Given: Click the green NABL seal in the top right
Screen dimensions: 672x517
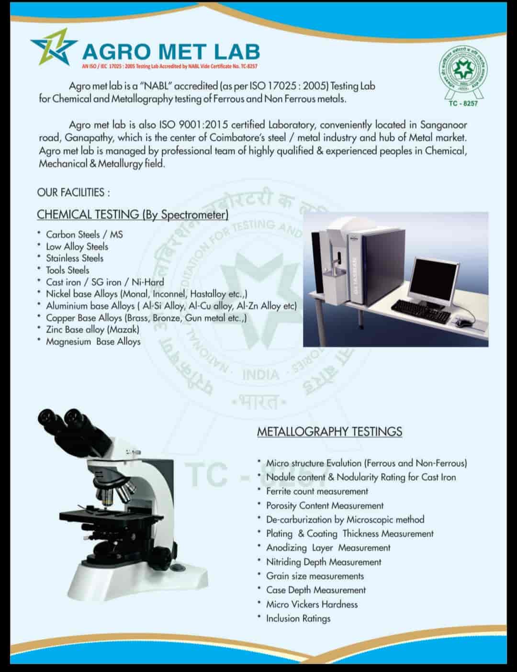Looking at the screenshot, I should [x=463, y=72].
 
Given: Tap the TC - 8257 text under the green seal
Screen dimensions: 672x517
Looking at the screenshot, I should [x=463, y=103].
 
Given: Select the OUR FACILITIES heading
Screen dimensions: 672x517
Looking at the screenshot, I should [x=73, y=192].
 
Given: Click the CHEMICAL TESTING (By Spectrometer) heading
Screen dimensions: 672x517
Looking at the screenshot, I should [x=133, y=214].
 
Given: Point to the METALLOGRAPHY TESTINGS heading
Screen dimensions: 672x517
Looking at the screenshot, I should [x=329, y=431].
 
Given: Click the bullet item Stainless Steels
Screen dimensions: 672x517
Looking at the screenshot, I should [x=75, y=258].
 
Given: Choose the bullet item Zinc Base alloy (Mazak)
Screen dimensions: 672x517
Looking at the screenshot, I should [x=92, y=329].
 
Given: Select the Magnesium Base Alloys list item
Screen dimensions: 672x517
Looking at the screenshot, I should [x=93, y=341].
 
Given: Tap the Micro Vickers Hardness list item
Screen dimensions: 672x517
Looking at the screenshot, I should [x=312, y=604].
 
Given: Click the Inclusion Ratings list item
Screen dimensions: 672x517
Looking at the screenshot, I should [x=298, y=618].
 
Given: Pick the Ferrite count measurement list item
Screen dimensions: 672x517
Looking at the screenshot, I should [x=317, y=491].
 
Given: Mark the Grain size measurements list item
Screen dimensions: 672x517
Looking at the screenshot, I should [x=315, y=576].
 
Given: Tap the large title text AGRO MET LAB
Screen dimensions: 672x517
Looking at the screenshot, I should [x=171, y=52].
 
